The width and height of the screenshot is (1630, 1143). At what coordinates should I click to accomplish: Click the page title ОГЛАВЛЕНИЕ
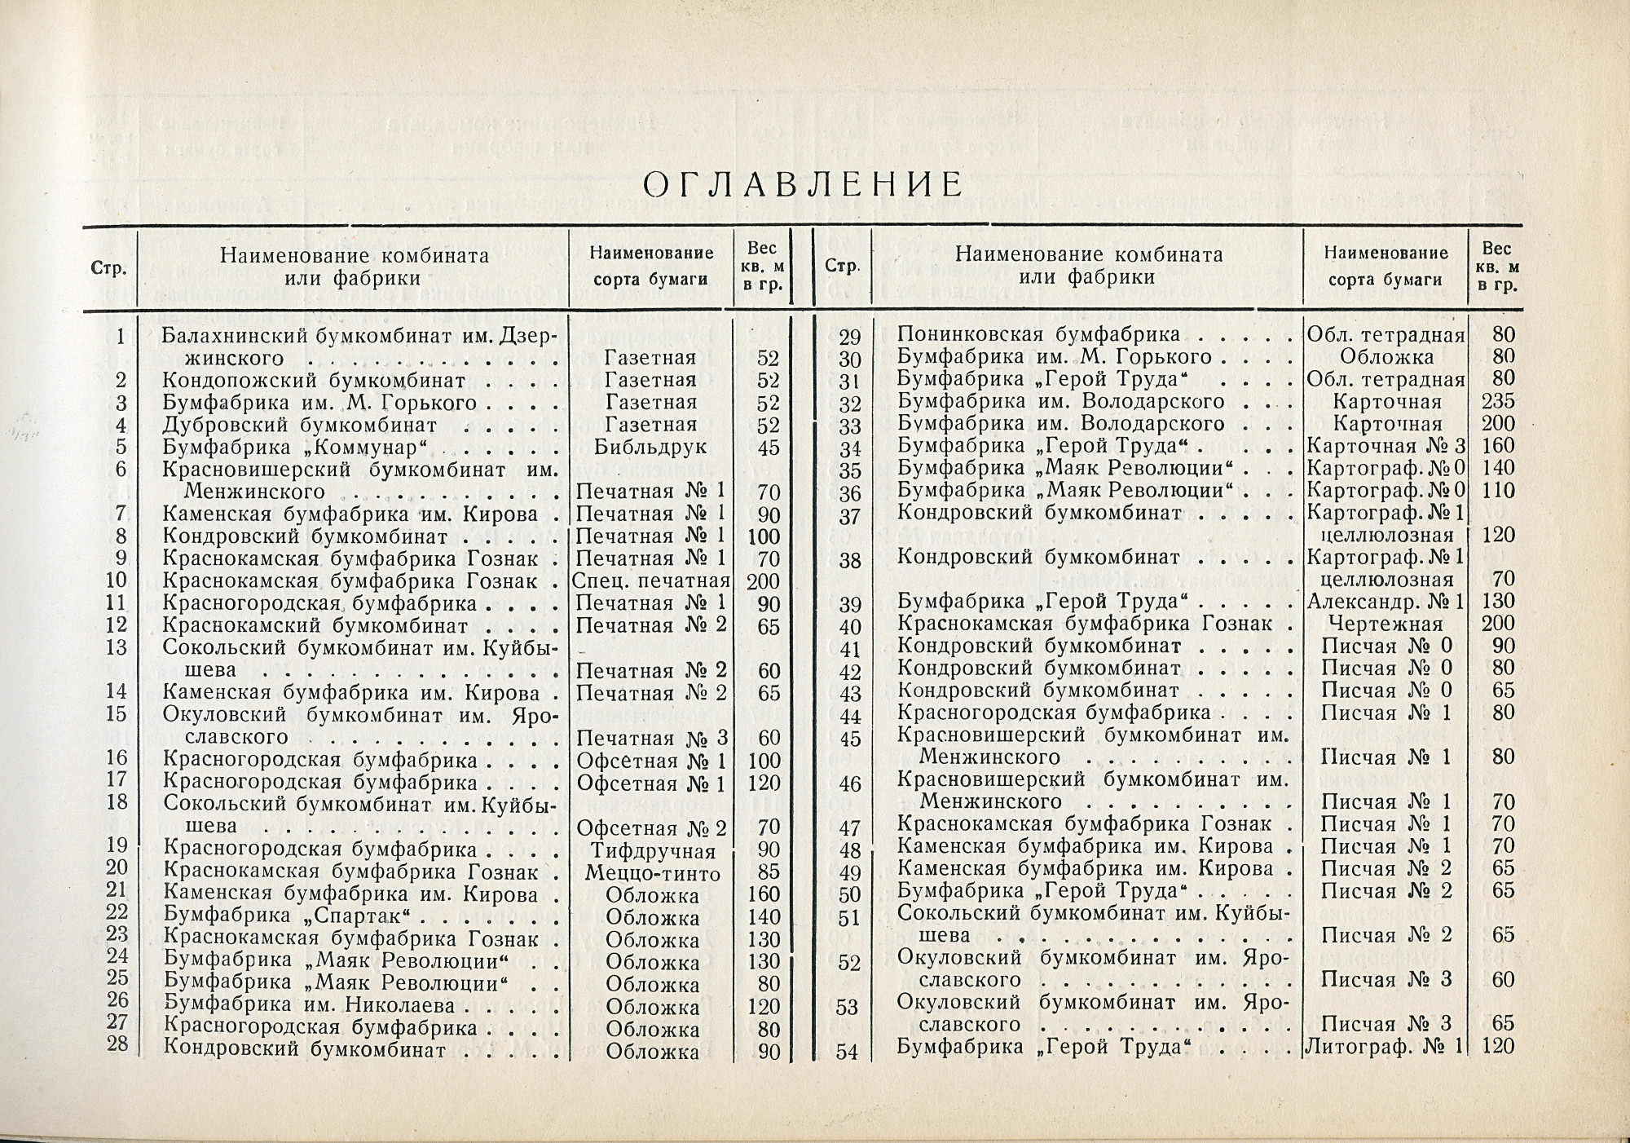803,185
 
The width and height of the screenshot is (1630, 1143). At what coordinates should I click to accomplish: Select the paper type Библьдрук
650,448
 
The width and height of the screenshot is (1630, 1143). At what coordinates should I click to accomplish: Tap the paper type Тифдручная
650,852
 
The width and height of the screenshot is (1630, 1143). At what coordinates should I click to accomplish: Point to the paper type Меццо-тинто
652,874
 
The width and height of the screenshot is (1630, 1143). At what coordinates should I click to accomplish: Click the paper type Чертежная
1385,624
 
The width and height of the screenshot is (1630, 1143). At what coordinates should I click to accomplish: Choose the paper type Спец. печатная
650,581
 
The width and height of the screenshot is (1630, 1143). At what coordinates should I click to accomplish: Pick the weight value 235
1498,402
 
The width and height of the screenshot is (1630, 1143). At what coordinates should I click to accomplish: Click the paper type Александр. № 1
1385,602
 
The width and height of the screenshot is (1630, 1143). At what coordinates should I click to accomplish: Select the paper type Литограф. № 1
1385,1046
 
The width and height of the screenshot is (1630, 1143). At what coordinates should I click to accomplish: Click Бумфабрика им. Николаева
309,1008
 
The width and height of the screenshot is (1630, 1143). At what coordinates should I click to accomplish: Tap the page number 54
848,1052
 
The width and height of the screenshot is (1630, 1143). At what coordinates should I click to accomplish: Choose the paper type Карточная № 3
1385,446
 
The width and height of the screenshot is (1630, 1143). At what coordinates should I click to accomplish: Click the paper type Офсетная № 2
650,829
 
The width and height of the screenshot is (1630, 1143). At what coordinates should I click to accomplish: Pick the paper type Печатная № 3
650,739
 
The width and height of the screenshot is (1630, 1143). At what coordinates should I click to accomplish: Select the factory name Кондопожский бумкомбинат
314,380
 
